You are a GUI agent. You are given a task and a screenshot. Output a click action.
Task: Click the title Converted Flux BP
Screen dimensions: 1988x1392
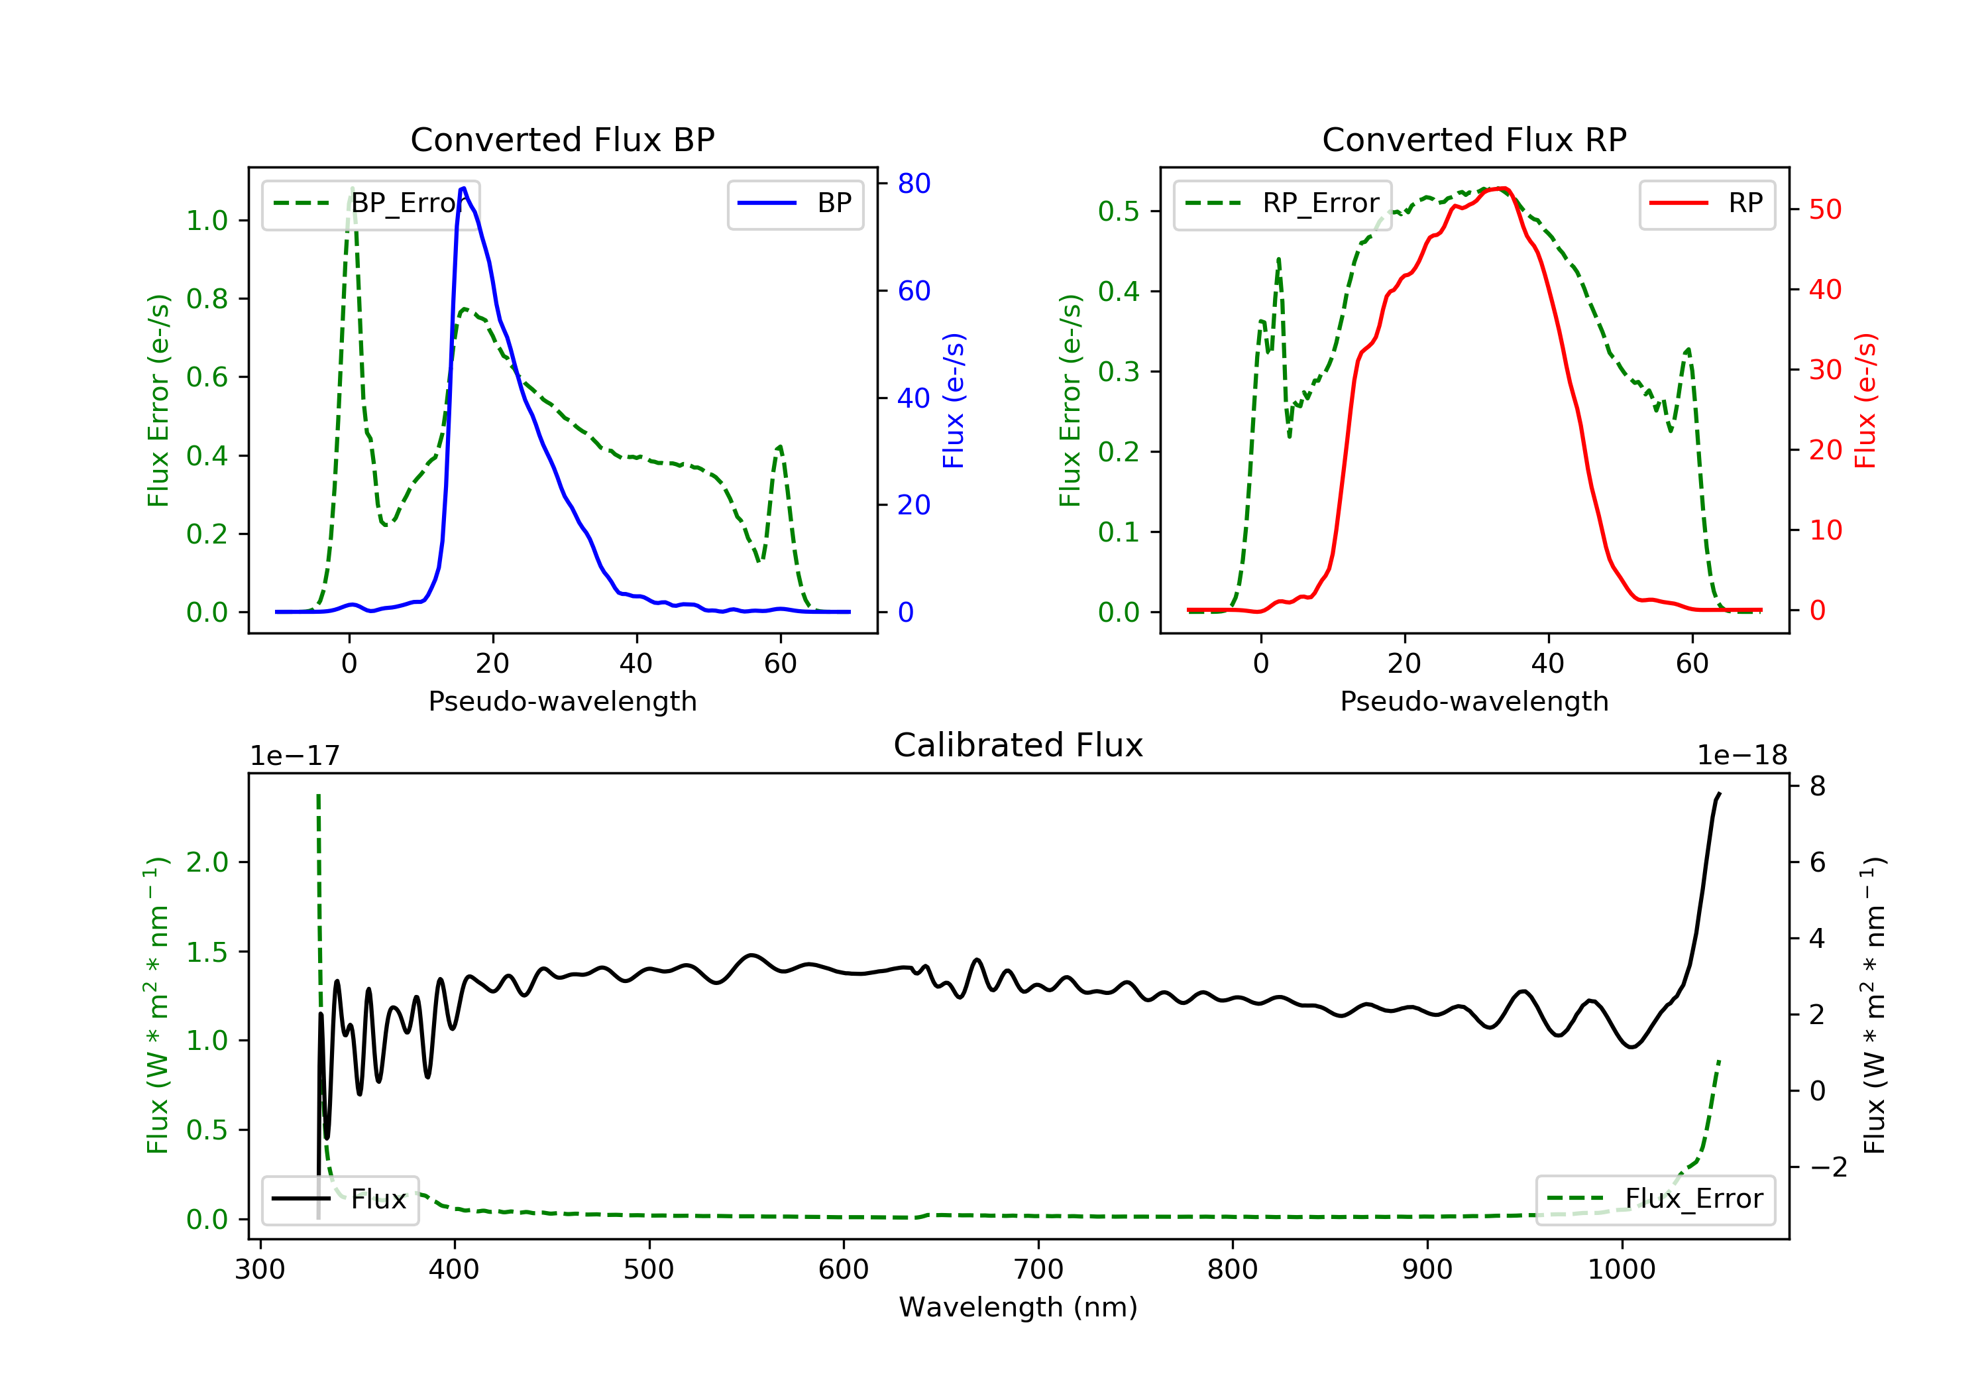[562, 139]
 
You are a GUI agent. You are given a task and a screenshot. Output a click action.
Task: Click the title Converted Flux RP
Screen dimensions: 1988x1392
[1474, 139]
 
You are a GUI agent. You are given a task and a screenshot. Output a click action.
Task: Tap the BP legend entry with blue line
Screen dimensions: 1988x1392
[795, 203]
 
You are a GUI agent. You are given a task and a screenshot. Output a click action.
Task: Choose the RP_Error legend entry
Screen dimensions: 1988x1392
[1282, 203]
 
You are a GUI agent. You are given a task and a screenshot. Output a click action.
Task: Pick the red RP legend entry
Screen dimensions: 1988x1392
[1706, 203]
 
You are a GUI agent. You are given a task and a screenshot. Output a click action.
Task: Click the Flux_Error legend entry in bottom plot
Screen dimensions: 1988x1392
[1655, 1199]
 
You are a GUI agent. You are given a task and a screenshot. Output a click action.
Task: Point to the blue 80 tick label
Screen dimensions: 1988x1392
[913, 184]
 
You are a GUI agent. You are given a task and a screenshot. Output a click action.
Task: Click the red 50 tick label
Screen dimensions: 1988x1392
[1825, 209]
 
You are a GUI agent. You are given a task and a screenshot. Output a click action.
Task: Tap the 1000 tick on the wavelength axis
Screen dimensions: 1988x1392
[1621, 1270]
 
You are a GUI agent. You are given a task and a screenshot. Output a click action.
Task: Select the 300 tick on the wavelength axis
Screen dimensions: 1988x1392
[260, 1270]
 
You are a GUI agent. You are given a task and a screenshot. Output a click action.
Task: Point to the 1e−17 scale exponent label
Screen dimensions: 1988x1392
[294, 756]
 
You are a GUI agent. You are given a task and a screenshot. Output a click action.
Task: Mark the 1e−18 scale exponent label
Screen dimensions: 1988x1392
[1742, 756]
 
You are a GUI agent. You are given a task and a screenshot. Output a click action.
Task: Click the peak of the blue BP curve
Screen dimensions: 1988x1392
[463, 188]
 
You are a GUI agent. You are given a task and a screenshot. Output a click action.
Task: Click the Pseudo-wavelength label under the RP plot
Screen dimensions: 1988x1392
[1474, 701]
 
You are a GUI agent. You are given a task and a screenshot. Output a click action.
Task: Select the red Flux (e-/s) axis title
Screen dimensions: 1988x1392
[1865, 400]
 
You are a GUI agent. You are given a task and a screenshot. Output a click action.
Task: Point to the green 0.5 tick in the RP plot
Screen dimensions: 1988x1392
[1119, 211]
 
